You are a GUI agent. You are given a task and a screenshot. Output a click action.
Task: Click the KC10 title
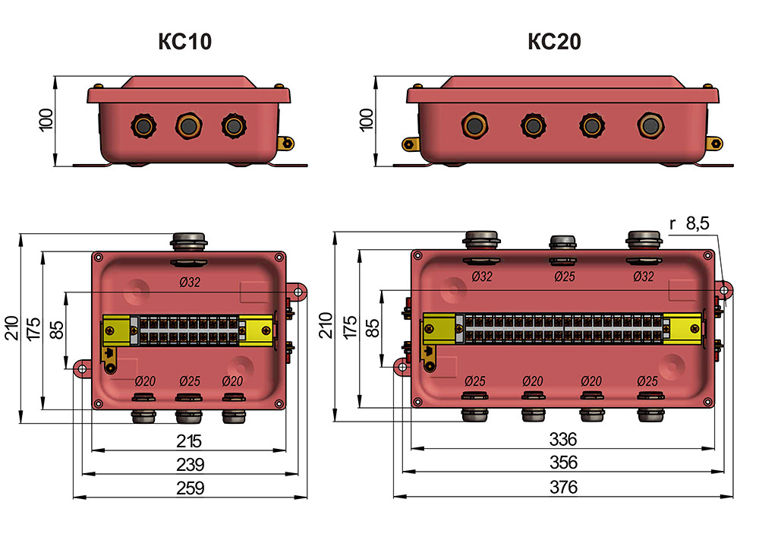[185, 41]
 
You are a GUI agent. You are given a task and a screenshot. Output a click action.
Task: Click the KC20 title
[555, 41]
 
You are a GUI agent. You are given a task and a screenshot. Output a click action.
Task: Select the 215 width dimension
[189, 441]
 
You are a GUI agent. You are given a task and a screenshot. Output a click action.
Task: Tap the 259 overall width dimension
[191, 488]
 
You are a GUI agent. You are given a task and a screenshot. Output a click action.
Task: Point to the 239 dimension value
[191, 464]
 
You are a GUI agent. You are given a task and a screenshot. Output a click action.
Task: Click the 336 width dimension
[563, 439]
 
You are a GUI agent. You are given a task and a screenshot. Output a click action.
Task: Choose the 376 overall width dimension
[563, 487]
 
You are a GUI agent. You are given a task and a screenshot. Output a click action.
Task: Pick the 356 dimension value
[563, 463]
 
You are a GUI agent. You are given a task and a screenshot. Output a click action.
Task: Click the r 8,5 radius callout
[689, 223]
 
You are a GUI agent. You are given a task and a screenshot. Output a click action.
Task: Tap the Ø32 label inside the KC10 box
[190, 282]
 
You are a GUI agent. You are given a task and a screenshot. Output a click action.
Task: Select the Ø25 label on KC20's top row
[565, 276]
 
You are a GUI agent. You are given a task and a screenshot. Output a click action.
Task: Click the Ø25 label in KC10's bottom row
[190, 381]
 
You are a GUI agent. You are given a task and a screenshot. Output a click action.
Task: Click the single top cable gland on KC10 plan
[189, 241]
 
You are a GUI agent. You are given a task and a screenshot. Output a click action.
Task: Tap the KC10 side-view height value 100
[46, 119]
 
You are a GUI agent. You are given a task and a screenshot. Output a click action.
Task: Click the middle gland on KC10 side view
[189, 126]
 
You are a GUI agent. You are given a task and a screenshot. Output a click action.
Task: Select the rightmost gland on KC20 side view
[650, 126]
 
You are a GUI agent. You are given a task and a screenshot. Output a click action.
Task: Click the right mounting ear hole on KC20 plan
[724, 291]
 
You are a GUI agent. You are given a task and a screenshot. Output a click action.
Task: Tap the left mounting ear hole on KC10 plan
[82, 369]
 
